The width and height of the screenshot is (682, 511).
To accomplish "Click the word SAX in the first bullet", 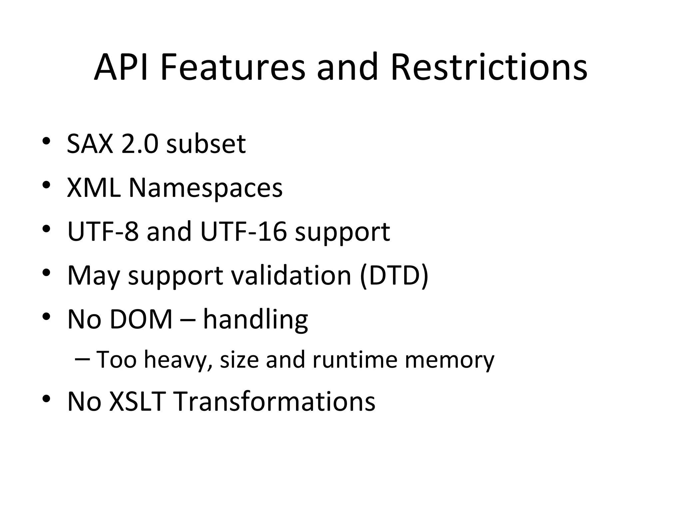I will pyautogui.click(x=90, y=144).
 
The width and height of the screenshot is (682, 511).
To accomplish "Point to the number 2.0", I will pyautogui.click(x=139, y=144).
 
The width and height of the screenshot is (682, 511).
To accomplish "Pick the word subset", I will pyautogui.click(x=206, y=144).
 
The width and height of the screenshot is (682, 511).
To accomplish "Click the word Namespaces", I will pyautogui.click(x=205, y=188).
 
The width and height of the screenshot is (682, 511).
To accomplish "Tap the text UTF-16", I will pyautogui.click(x=243, y=232).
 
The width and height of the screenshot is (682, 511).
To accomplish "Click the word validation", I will pyautogui.click(x=291, y=275).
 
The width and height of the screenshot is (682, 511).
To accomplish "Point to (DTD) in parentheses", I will pyautogui.click(x=394, y=275).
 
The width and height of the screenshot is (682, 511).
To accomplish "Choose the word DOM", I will pyautogui.click(x=141, y=319).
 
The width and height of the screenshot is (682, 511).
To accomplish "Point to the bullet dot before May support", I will pyautogui.click(x=47, y=272).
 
